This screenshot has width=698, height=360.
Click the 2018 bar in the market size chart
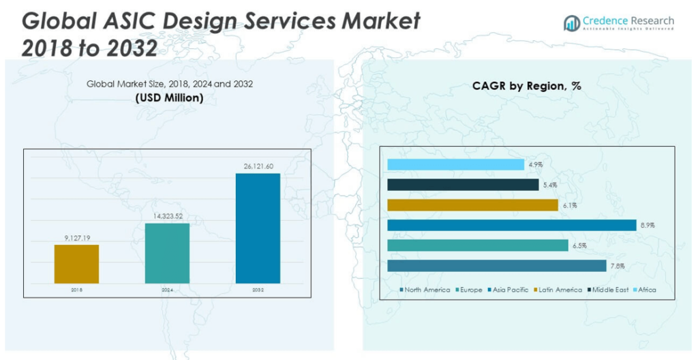pyautogui.click(x=76, y=264)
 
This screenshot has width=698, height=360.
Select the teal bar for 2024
pyautogui.click(x=167, y=253)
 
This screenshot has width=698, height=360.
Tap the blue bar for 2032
pyautogui.click(x=258, y=228)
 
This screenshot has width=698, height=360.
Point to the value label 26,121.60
pyautogui.click(x=258, y=166)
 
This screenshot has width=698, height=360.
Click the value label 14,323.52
pyautogui.click(x=167, y=216)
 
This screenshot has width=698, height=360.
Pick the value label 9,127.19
pyautogui.click(x=76, y=238)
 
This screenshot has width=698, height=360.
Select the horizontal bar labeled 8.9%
pyautogui.click(x=511, y=226)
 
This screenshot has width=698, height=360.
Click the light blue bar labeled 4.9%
pyautogui.click(x=455, y=164)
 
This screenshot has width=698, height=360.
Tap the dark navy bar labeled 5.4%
pyautogui.click(x=462, y=185)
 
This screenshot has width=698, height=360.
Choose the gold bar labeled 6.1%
pyautogui.click(x=472, y=205)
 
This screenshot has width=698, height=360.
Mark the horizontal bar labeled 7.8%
pyautogui.click(x=496, y=266)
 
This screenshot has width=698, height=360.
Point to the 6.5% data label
pyautogui.click(x=579, y=245)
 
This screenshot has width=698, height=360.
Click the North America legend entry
pyautogui.click(x=425, y=290)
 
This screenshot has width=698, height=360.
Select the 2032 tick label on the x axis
pyautogui.click(x=258, y=290)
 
